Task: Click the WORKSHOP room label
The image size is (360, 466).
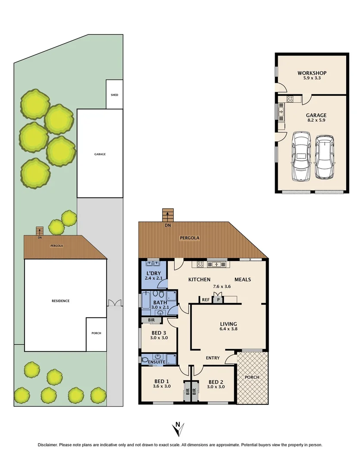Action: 312,72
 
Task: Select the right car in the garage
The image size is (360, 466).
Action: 324,157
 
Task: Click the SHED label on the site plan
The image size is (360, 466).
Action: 114,95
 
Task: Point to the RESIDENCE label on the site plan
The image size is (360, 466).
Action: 61,301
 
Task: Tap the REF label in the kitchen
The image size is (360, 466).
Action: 205,299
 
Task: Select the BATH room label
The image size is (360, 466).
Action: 160,302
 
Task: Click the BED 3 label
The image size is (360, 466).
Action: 159,332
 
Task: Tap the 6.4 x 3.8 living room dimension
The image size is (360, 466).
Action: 229,329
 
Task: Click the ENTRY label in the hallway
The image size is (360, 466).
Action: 213,358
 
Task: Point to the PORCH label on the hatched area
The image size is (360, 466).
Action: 252,377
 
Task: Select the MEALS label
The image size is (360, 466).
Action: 243,280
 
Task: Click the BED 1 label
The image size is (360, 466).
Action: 162,381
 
